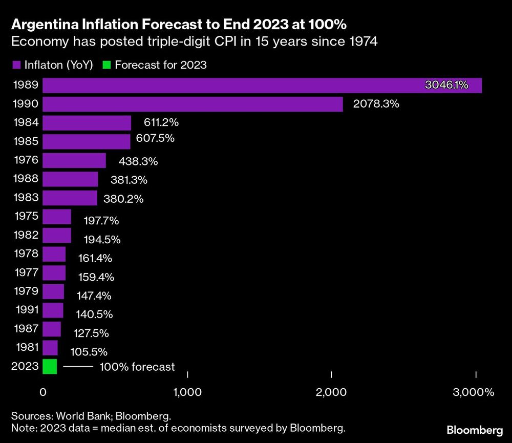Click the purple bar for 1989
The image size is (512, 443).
tap(262, 86)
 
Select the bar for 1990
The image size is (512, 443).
tap(193, 104)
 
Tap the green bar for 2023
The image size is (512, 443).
tap(50, 367)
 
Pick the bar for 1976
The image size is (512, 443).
tap(74, 160)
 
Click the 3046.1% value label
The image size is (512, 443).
tap(446, 85)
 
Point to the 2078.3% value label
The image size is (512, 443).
tap(376, 104)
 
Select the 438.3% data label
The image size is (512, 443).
tap(138, 161)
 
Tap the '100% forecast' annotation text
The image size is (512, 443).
tap(137, 367)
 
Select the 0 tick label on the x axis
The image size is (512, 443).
tap(44, 393)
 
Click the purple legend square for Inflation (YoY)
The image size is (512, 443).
tap(16, 65)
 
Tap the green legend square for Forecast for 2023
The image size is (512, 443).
tap(106, 65)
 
